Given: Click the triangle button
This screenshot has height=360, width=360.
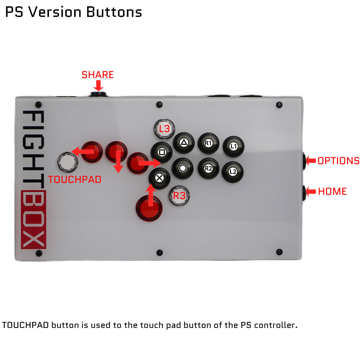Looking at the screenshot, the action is pyautogui.click(x=184, y=143).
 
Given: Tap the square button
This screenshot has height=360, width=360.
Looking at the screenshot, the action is pyautogui.click(x=162, y=152).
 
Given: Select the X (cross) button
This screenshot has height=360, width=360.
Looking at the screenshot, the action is pyautogui.click(x=159, y=178).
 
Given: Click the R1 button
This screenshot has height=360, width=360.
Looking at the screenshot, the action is pyautogui.click(x=208, y=143).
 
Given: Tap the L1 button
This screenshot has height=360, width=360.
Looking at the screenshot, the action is pyautogui.click(x=233, y=146).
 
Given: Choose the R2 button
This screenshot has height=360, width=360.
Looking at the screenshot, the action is pyautogui.click(x=208, y=168).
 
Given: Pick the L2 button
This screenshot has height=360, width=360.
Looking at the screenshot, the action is pyautogui.click(x=233, y=172).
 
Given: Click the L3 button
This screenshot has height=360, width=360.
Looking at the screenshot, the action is pyautogui.click(x=164, y=129).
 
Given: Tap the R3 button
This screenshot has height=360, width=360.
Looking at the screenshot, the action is pyautogui.click(x=179, y=196).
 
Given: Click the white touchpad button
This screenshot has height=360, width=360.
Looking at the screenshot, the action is pyautogui.click(x=68, y=162).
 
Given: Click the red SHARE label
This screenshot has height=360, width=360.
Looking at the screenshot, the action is pyautogui.click(x=98, y=75).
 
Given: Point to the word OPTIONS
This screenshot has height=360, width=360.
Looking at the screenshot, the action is pyautogui.click(x=338, y=161).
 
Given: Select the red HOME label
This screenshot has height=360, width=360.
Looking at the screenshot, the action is pyautogui.click(x=332, y=192).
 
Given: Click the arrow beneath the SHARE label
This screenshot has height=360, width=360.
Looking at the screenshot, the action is pyautogui.click(x=98, y=85).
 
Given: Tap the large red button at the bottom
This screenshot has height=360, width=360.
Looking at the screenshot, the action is pyautogui.click(x=149, y=208).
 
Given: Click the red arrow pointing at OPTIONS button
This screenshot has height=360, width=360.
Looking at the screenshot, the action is pyautogui.click(x=311, y=161).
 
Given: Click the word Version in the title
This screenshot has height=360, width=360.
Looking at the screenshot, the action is pyautogui.click(x=55, y=12).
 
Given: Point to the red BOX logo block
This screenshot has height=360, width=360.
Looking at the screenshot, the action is pyautogui.click(x=33, y=220).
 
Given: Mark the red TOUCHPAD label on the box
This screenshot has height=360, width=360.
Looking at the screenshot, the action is pyautogui.click(x=75, y=180).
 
